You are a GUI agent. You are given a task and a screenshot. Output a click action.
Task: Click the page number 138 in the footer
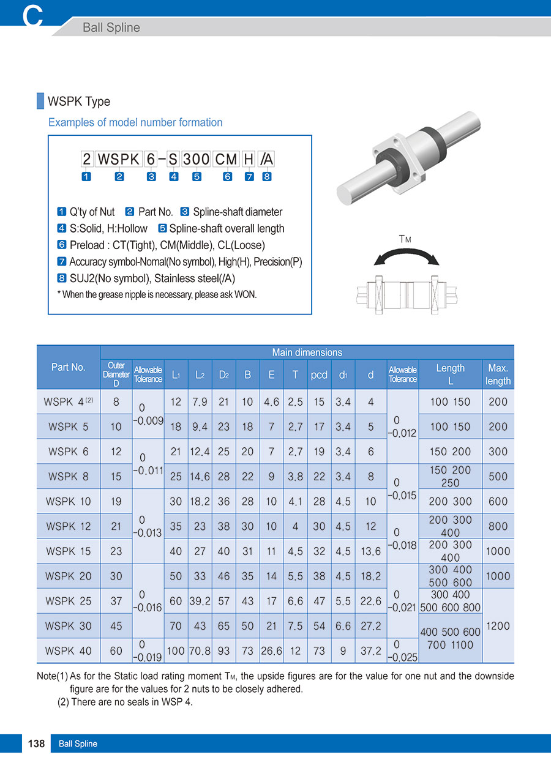pyautogui.click(x=37, y=743)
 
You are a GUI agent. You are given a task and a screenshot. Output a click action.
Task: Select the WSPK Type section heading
pyautogui.click(x=79, y=102)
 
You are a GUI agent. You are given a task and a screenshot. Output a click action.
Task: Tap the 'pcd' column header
pyautogui.click(x=319, y=374)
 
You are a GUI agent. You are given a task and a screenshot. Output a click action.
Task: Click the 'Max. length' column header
pyautogui.click(x=498, y=374)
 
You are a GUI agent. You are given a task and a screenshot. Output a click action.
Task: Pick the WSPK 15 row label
pyautogui.click(x=68, y=551)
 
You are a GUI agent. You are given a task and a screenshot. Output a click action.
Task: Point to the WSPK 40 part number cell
pyautogui.click(x=68, y=651)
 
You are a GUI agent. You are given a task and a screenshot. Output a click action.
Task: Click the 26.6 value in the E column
pyautogui.click(x=271, y=651)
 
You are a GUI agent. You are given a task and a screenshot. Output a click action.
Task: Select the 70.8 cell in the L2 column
pyautogui.click(x=200, y=651)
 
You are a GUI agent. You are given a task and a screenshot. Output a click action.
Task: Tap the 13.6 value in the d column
pyautogui.click(x=370, y=551)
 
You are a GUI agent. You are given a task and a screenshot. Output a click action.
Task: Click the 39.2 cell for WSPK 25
pyautogui.click(x=200, y=601)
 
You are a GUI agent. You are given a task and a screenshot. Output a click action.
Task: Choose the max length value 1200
pyautogui.click(x=498, y=626)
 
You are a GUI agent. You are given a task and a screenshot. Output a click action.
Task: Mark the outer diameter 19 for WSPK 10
pyautogui.click(x=116, y=501)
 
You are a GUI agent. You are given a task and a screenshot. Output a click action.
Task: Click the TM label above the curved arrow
pyautogui.click(x=405, y=239)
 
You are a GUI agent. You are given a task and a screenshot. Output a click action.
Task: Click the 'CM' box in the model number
pyautogui.click(x=226, y=160)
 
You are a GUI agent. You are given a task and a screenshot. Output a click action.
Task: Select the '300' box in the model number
pyautogui.click(x=197, y=160)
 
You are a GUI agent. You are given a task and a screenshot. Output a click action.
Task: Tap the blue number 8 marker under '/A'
pyautogui.click(x=267, y=177)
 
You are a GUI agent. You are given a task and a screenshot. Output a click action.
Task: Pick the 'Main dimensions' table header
pyautogui.click(x=307, y=352)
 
